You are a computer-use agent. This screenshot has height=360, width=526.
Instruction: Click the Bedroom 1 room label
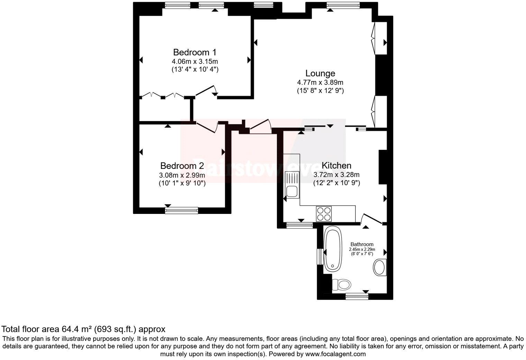[x=194, y=52]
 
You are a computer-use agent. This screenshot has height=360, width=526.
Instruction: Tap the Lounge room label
[x=320, y=73]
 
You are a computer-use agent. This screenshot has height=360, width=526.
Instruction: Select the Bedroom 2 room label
[x=182, y=165]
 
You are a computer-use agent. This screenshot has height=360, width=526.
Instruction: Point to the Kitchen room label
[x=336, y=165]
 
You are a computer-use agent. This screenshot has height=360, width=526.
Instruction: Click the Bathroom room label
[x=362, y=244]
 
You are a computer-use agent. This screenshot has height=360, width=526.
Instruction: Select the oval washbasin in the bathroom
[x=380, y=267]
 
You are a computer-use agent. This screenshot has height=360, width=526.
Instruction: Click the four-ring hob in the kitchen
[x=324, y=214]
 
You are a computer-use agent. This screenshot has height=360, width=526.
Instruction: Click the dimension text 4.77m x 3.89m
[x=320, y=82]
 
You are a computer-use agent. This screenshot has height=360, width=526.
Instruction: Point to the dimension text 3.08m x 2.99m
[x=182, y=175]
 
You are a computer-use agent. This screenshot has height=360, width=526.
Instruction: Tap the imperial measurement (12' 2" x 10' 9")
[x=336, y=183]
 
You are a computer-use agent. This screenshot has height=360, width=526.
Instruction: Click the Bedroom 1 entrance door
[x=207, y=91]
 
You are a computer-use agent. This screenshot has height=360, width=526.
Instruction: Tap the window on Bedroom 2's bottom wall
[x=182, y=210]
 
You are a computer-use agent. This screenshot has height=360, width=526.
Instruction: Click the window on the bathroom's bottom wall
[x=357, y=296]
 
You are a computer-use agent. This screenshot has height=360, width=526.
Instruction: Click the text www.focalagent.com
[x=335, y=354]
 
